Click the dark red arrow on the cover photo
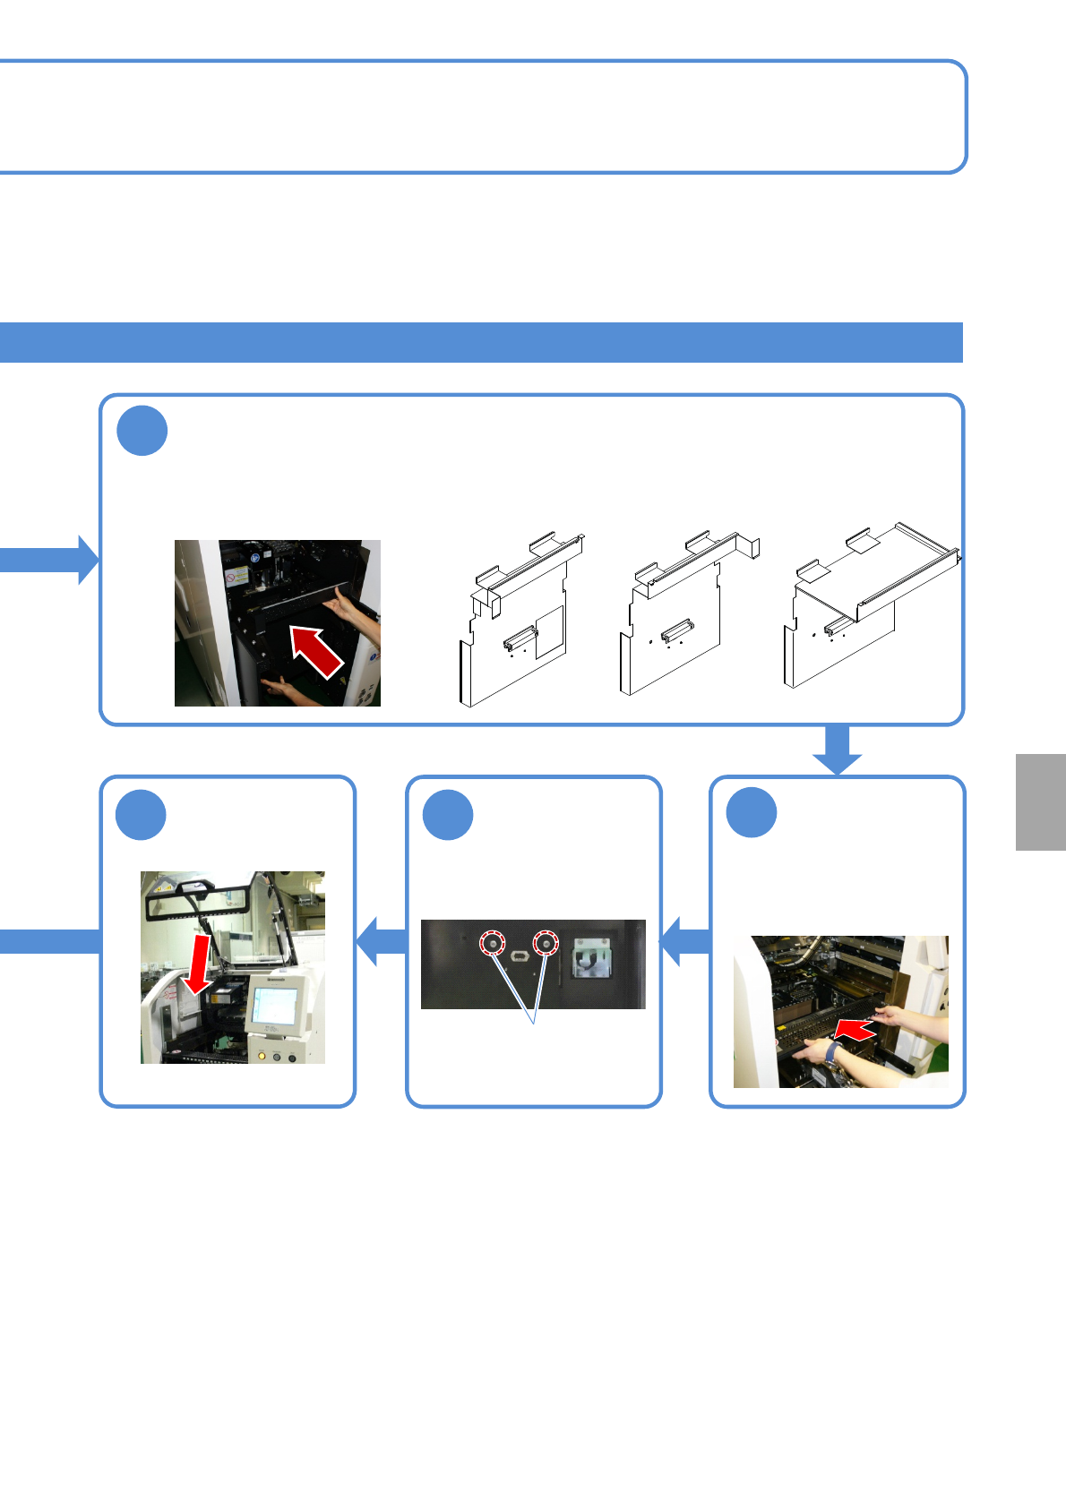pos(315,651)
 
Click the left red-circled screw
pos(493,944)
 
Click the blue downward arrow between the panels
pos(837,750)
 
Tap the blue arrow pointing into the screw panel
pos(685,941)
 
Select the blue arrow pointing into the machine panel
pos(381,941)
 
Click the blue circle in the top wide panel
pos(142,431)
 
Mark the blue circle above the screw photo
pos(448,815)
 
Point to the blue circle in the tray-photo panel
pos(752,813)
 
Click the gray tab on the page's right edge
pos(1041,801)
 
